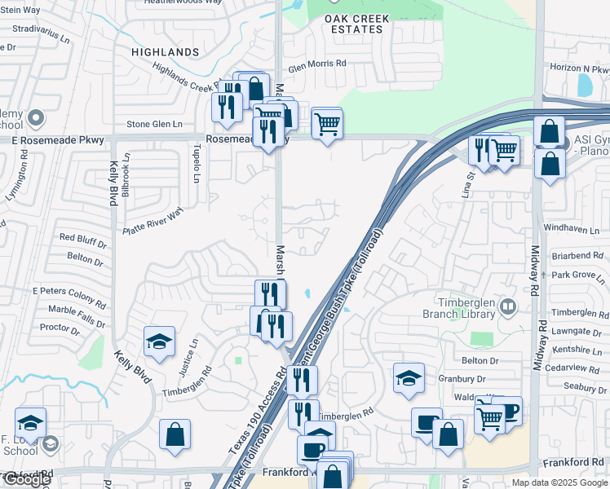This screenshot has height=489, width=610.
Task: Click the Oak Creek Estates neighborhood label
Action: (353, 24)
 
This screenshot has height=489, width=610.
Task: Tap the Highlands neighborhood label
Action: (166, 52)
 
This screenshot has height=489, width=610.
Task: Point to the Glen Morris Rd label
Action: (317, 63)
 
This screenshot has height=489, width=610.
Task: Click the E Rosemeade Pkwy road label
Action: (58, 140)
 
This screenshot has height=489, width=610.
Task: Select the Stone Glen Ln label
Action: (154, 124)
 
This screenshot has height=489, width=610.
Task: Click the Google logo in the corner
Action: (26, 479)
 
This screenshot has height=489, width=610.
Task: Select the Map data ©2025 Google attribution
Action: (559, 482)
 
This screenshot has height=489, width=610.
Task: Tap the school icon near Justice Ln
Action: (159, 342)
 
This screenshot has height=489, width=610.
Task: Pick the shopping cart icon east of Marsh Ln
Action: (327, 124)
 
